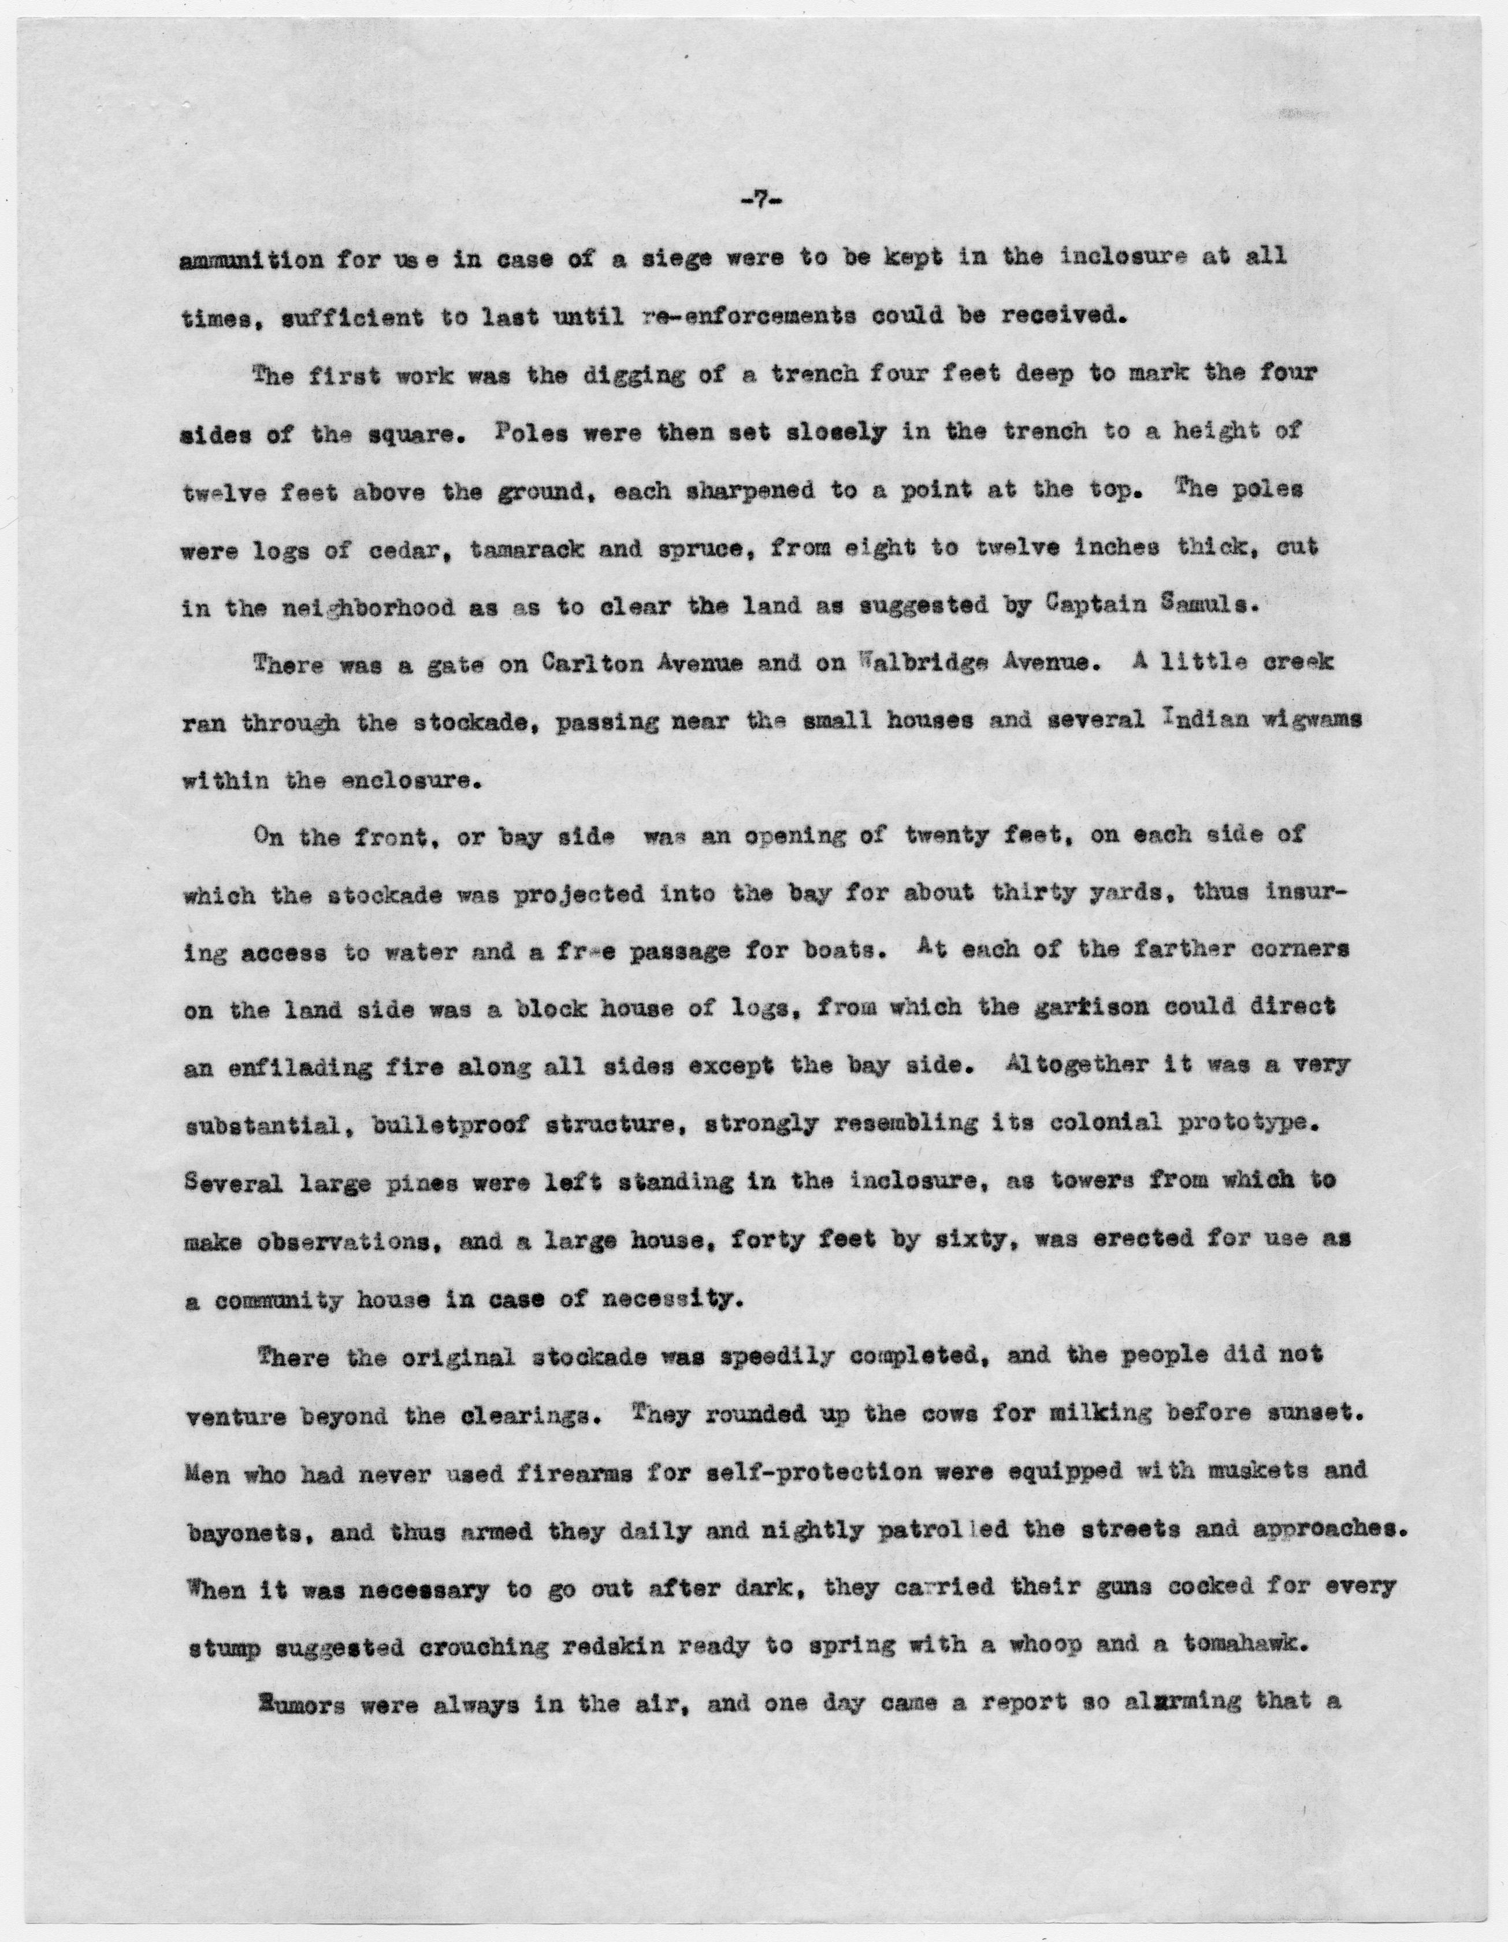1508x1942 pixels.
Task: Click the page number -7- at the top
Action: click(x=754, y=203)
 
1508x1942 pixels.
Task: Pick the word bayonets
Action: click(x=233, y=1531)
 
